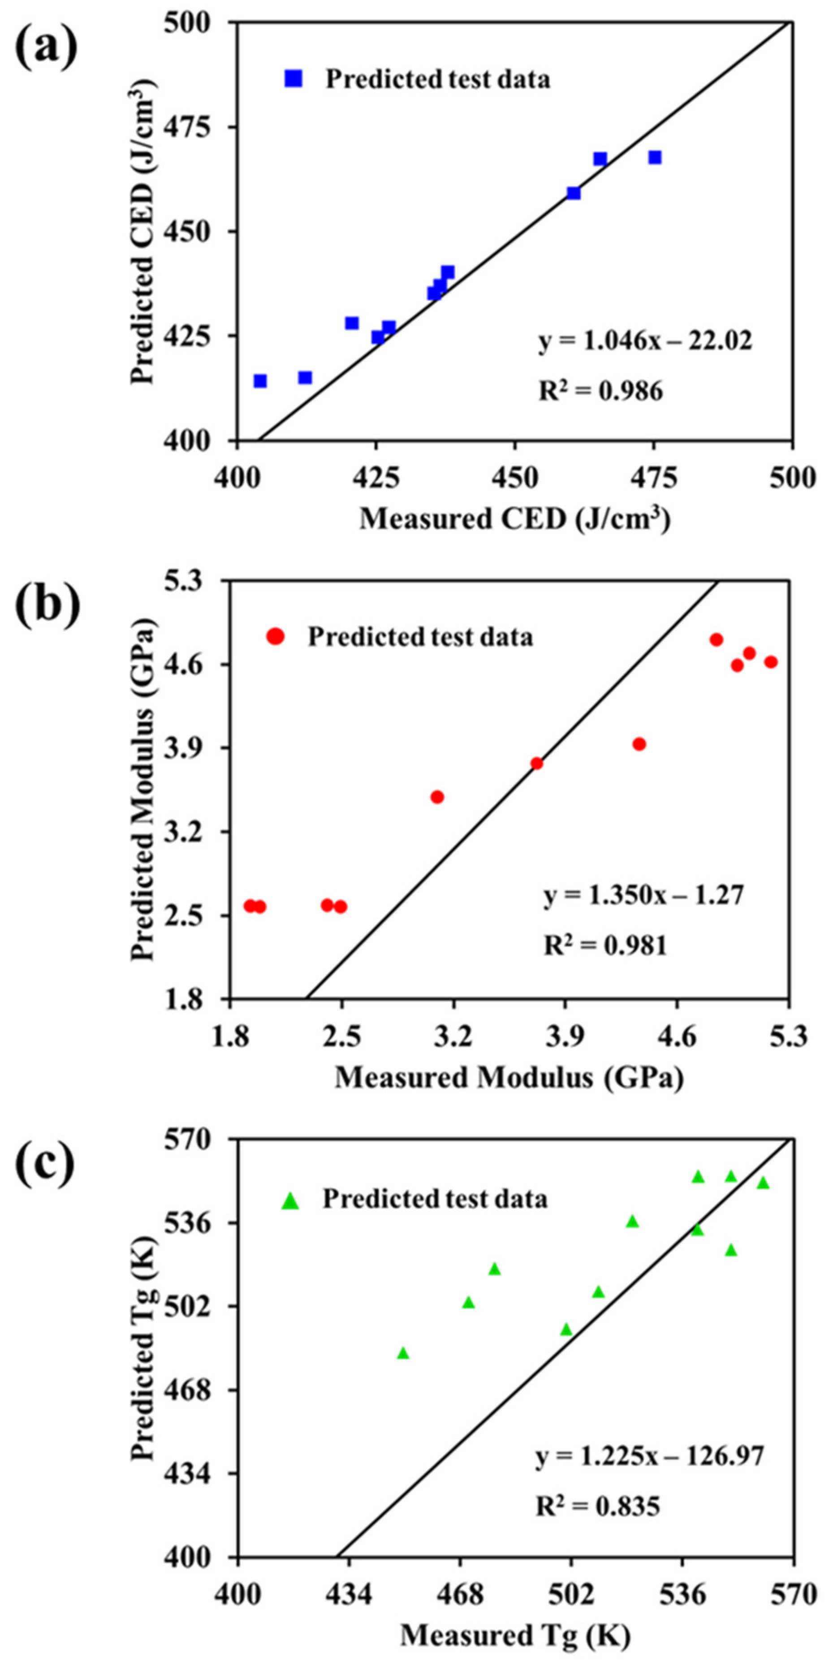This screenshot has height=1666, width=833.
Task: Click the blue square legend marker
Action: coord(293,78)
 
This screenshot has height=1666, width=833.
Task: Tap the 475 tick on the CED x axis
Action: coord(654,479)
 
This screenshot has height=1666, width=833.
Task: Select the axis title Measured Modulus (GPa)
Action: coord(509,1078)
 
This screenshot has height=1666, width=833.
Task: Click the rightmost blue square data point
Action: coord(655,157)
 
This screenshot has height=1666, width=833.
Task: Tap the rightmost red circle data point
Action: coord(770,662)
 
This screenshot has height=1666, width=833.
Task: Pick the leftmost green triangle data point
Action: coord(403,1352)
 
